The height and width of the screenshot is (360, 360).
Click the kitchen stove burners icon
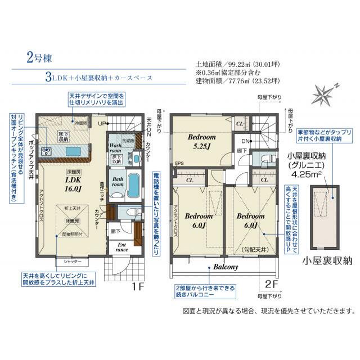[46, 151]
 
